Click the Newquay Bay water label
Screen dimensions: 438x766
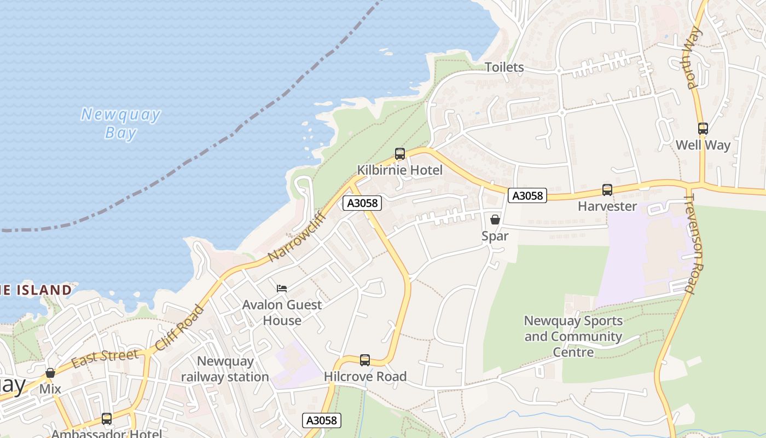click(120, 123)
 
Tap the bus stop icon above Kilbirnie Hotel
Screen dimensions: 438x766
click(400, 154)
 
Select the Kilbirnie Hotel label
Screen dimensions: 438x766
click(400, 170)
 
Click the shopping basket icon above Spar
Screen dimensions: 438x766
click(495, 220)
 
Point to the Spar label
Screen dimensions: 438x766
click(495, 236)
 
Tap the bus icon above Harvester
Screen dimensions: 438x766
click(607, 190)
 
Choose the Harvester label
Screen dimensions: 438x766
click(607, 206)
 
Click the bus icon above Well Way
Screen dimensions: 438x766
click(703, 129)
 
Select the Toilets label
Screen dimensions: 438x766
click(504, 67)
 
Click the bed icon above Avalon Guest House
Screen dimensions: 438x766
click(282, 288)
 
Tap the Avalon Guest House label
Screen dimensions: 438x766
click(282, 313)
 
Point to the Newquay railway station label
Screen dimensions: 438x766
click(225, 369)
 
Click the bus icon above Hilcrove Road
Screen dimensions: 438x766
click(365, 360)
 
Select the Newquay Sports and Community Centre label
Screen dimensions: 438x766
click(573, 336)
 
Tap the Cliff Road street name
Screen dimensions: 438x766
click(179, 328)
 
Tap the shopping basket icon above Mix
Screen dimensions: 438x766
click(50, 373)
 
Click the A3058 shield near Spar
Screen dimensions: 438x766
click(527, 195)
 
